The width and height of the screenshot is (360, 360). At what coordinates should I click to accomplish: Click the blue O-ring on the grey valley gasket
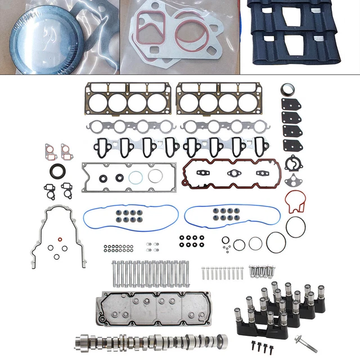pos(137,178)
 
